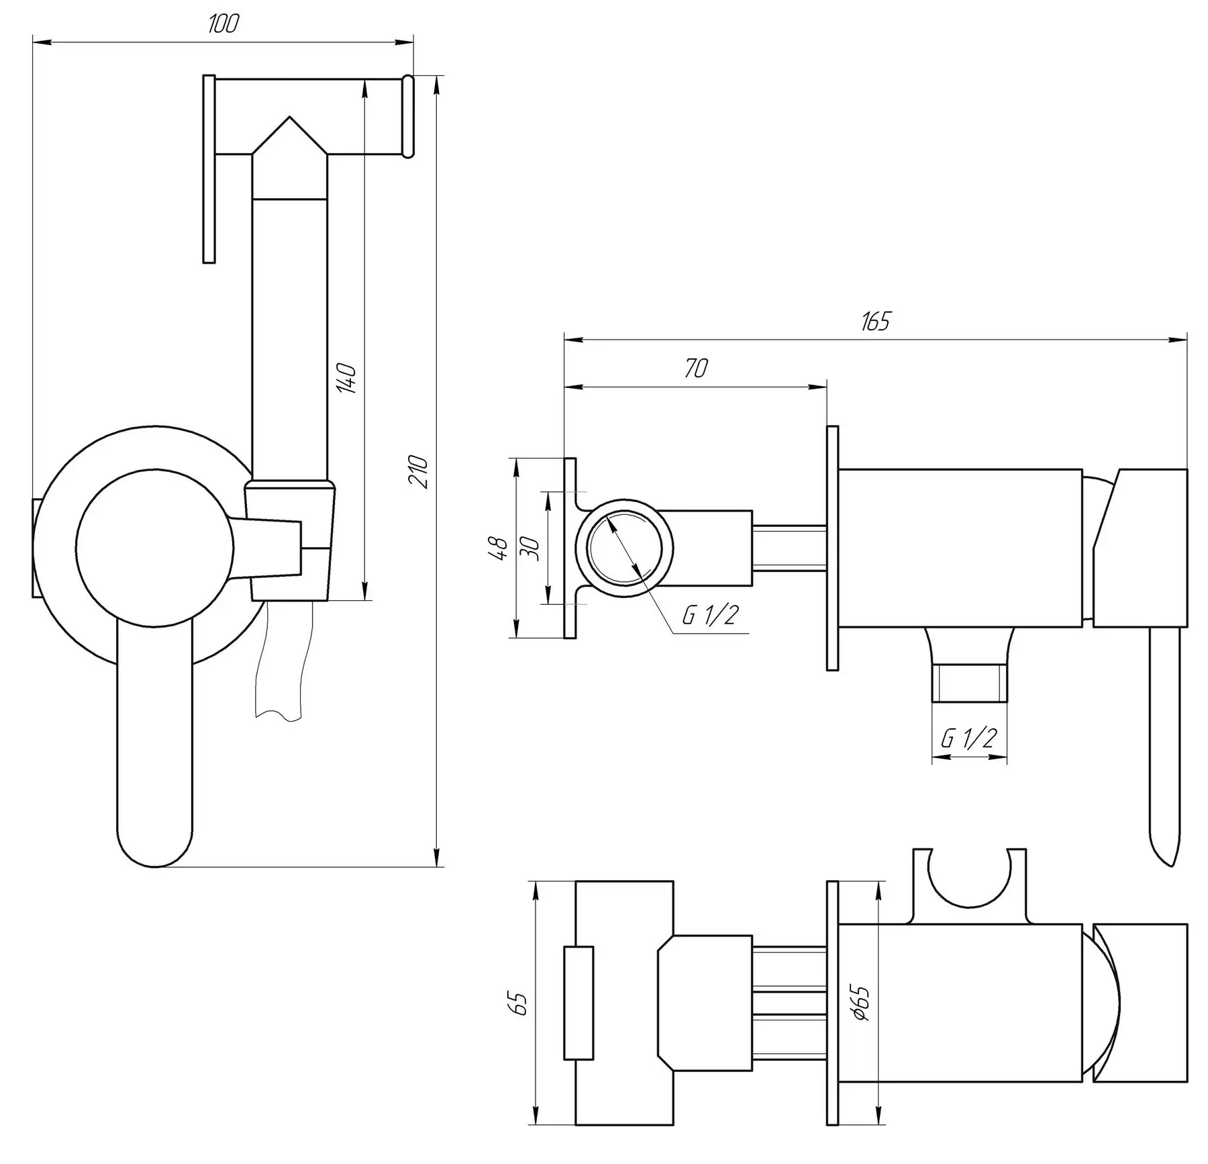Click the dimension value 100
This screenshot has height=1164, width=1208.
(223, 24)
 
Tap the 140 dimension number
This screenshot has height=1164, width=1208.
(348, 378)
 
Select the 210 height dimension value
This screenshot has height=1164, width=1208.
(418, 471)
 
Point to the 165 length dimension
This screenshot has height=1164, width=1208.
(875, 322)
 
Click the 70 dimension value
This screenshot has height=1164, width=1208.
(696, 369)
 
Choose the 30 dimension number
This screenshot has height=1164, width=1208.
(531, 548)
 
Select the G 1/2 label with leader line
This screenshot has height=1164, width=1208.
(710, 614)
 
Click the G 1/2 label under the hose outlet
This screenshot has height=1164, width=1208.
(968, 738)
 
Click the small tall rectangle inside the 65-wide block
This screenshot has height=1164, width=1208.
(578, 1003)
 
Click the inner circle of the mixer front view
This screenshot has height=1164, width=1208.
(154, 548)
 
